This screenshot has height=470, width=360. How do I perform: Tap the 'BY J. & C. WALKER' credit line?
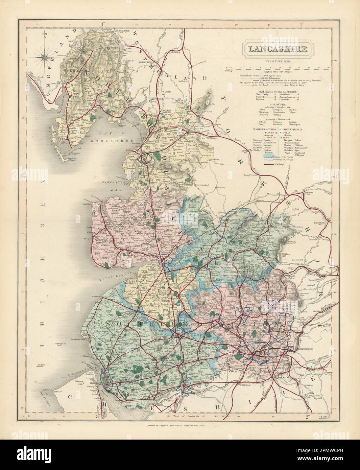tap(276, 61)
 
